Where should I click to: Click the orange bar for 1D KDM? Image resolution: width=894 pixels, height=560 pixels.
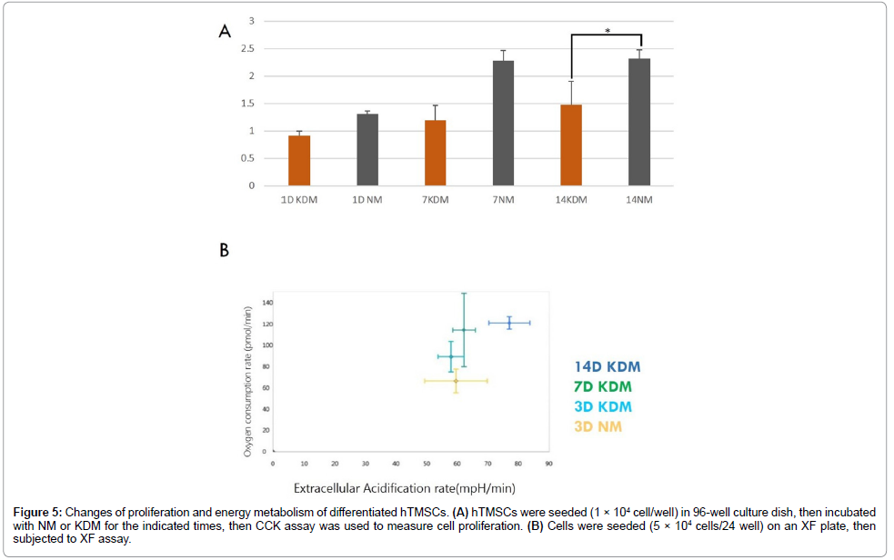pyautogui.click(x=299, y=160)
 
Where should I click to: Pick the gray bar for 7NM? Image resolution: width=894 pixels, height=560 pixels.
pyautogui.click(x=503, y=123)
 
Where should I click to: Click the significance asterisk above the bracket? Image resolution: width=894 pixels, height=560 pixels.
pyautogui.click(x=608, y=31)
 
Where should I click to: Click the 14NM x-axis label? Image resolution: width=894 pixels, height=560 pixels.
pyautogui.click(x=639, y=200)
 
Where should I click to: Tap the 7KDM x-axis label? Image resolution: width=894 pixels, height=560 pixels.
pyautogui.click(x=436, y=200)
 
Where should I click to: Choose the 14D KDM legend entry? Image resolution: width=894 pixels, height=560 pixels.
pyautogui.click(x=607, y=367)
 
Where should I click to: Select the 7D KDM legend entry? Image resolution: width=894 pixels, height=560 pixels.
pyautogui.click(x=602, y=387)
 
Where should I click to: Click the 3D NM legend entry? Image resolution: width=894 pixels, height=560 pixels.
pyautogui.click(x=598, y=426)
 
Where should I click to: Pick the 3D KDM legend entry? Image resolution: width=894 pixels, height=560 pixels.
pyautogui.click(x=602, y=406)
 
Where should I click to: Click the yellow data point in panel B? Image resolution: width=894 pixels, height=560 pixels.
pyautogui.click(x=456, y=381)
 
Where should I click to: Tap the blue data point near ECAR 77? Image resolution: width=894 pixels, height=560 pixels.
pyautogui.click(x=509, y=323)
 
